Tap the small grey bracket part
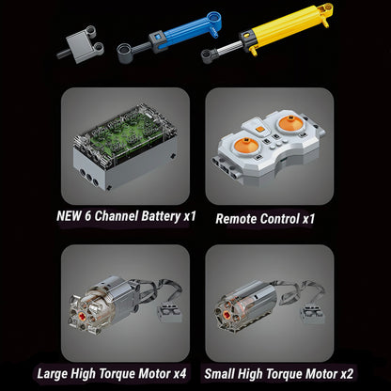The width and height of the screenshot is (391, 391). click(x=81, y=44)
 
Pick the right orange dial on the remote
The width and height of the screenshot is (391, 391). click(x=290, y=123)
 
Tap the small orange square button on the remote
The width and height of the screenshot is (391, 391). click(x=259, y=129)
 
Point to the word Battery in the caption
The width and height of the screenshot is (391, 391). click(x=161, y=216)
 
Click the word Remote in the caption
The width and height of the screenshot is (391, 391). click(x=236, y=219)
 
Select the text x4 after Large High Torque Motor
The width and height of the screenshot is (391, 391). click(x=180, y=374)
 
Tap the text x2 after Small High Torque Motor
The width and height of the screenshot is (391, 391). click(x=347, y=374)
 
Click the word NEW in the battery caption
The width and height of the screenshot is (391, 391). click(x=69, y=216)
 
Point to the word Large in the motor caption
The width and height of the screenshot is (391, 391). click(x=53, y=374)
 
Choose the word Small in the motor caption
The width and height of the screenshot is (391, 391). click(x=219, y=374)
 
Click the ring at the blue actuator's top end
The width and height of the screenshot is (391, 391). click(x=214, y=17)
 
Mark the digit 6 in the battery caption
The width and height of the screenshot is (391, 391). click(x=87, y=216)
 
